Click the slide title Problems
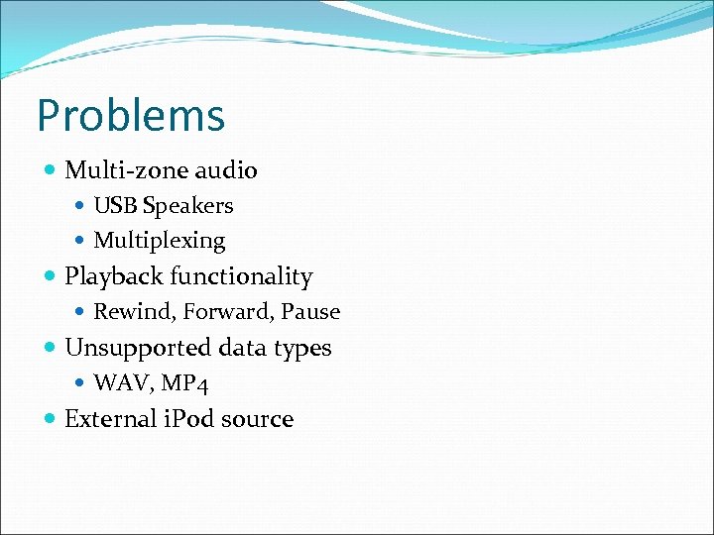click(131, 115)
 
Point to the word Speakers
click(187, 206)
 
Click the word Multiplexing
click(160, 241)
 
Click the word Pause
click(310, 312)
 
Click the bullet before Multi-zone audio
click(51, 170)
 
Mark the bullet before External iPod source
click(51, 419)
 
